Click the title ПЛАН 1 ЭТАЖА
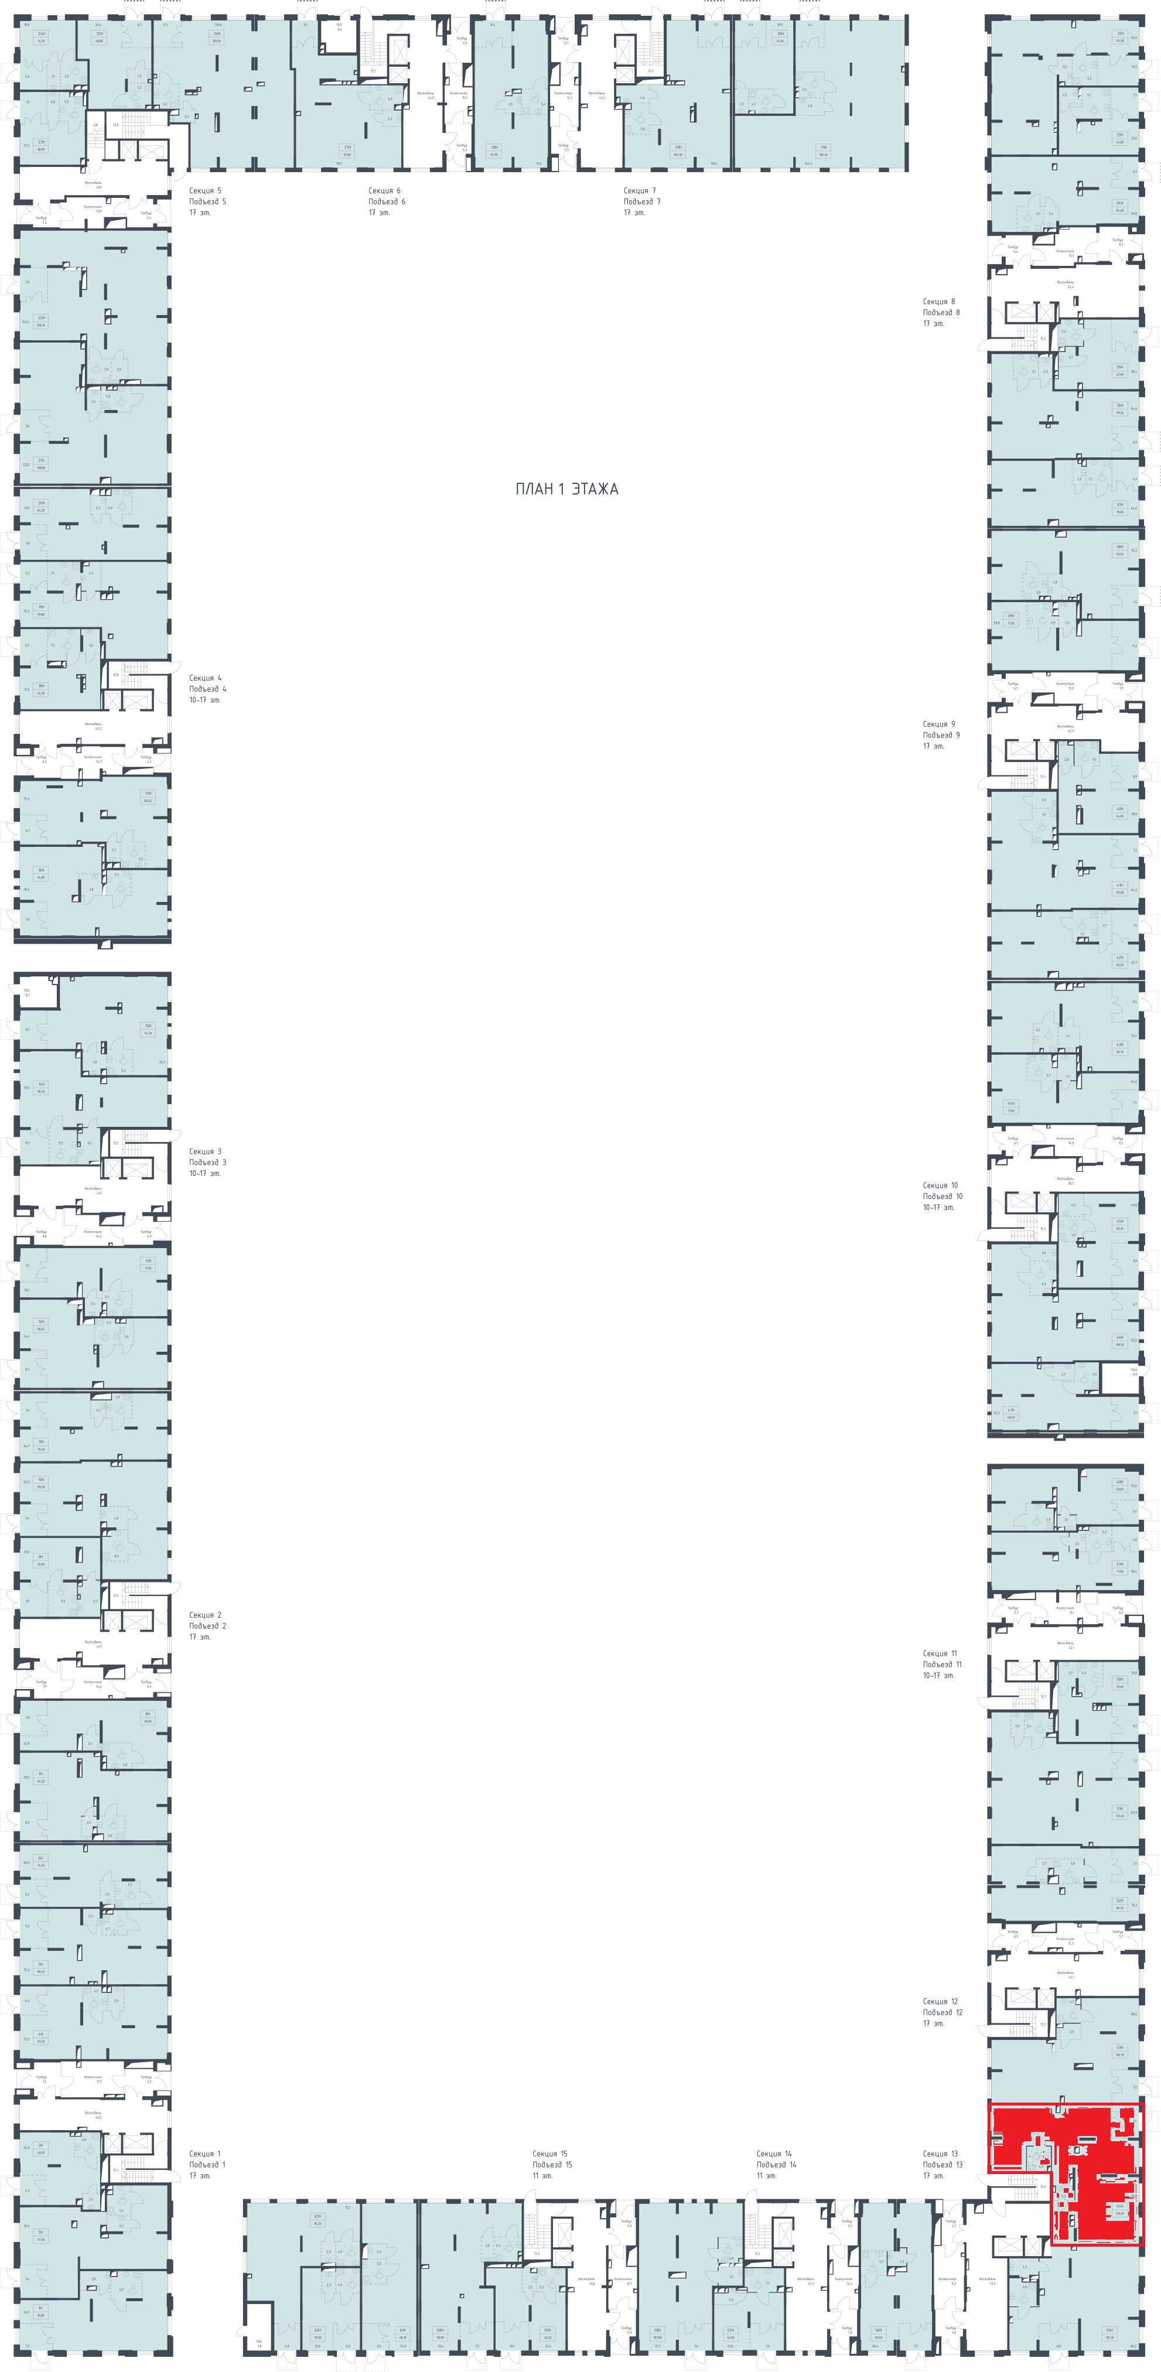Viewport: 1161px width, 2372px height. coord(566,489)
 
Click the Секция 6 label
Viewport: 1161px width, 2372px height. coord(385,190)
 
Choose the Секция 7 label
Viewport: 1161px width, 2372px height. coord(640,190)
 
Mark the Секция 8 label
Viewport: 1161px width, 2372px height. coord(939,301)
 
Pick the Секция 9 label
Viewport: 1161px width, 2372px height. coord(939,724)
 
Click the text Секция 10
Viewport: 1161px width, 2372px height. coord(941,1185)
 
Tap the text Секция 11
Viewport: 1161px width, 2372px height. coord(941,1653)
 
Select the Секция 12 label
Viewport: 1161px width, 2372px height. coord(941,2002)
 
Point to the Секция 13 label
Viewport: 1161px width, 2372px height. coord(941,2154)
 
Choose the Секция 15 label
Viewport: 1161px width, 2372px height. coord(549,2154)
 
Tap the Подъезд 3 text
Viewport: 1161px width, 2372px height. coord(207,1162)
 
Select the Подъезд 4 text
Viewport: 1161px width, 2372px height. coord(207,689)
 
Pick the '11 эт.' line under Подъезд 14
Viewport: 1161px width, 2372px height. coord(766,2175)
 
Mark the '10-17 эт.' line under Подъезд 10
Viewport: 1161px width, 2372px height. coord(939,1207)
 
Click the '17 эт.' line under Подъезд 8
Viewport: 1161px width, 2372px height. coord(934,323)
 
